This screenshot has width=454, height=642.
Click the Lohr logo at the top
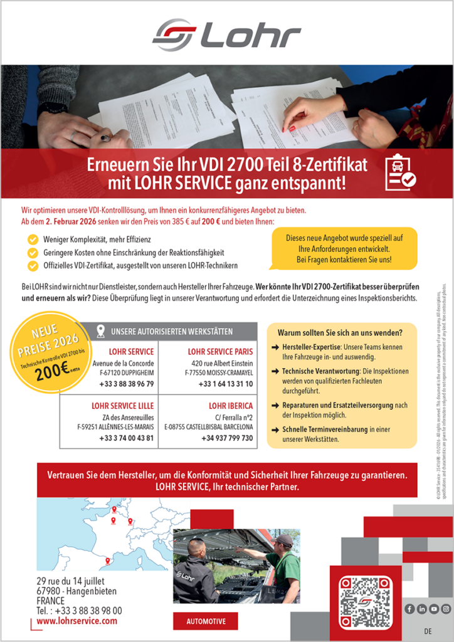227,34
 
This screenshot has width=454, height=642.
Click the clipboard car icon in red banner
400,172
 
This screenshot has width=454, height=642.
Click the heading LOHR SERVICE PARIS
220,352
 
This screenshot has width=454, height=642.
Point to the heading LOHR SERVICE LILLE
122,406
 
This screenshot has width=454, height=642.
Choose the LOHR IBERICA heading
231,406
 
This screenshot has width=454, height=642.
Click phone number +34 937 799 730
228,438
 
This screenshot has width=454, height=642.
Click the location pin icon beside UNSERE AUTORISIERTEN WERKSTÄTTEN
100,331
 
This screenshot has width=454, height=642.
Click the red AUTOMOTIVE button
206,621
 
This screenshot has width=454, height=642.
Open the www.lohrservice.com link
77,621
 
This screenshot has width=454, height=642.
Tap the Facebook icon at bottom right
409,609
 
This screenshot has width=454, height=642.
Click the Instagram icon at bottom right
446,609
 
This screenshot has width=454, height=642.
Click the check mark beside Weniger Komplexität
33,239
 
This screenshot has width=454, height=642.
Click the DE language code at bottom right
428,631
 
